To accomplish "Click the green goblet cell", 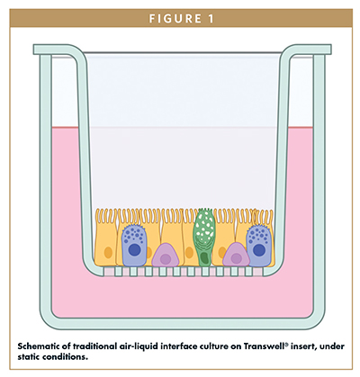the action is pos(204,237).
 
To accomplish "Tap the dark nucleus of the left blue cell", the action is pos(134,249).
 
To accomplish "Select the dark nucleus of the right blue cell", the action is pos(258,250).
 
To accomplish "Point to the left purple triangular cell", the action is pos(166,256).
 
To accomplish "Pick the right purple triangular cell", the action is pos(236,255).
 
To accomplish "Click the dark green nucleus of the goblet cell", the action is pos(205,257).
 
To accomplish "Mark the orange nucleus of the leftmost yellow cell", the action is pos(108,253).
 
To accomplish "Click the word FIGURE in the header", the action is pos(175,19).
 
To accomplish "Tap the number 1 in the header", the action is pos(211,19).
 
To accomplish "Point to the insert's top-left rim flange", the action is pos(54,49).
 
